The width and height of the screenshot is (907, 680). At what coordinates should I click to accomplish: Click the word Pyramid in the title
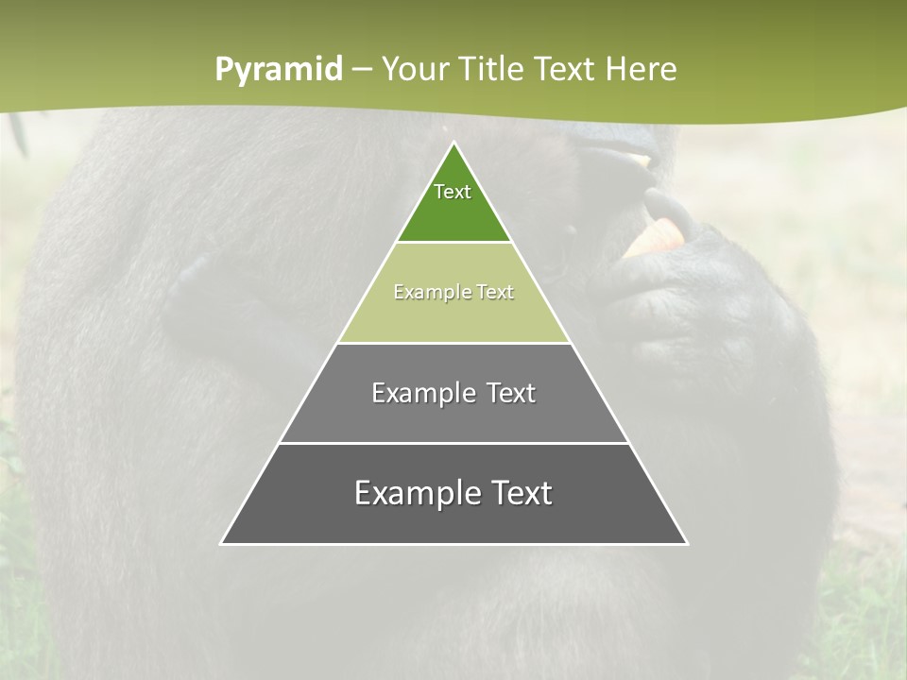coord(279,69)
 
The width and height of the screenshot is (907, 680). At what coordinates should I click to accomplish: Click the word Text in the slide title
coord(565,69)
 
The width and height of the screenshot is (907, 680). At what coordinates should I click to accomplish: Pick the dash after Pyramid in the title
coord(362,70)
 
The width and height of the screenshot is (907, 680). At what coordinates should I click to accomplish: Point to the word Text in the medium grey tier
coord(511,393)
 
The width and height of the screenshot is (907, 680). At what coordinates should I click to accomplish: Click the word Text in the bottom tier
coord(522,493)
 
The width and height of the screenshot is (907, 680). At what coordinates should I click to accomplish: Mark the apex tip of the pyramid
coord(454,144)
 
